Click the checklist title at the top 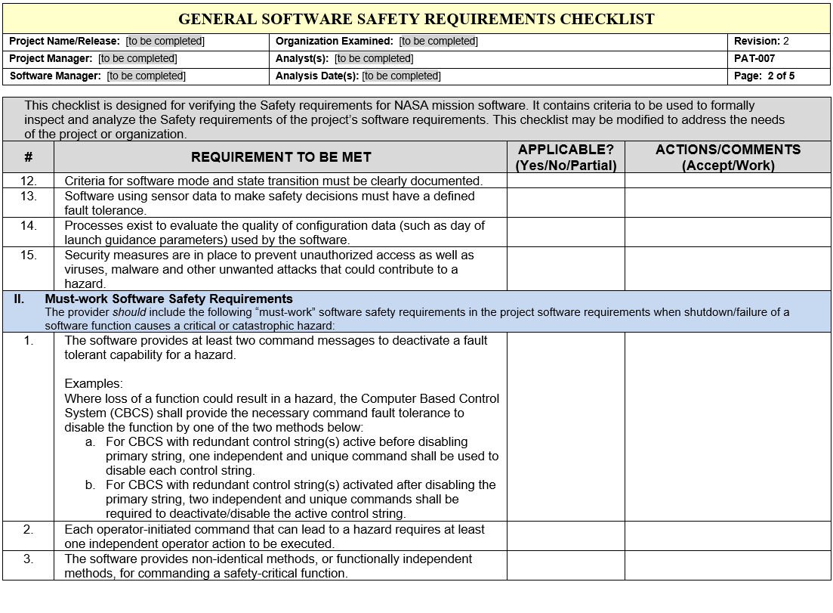(416, 19)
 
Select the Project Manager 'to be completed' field (137, 58)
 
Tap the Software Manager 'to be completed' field (146, 76)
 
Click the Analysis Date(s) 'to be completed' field (401, 76)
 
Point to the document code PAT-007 (754, 58)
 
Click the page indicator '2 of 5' (781, 76)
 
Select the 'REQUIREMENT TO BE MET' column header (281, 157)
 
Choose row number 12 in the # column (29, 181)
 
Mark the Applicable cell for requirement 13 (566, 203)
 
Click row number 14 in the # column (29, 225)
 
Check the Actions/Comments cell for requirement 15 (727, 269)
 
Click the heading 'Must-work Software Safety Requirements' (168, 299)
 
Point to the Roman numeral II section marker (19, 299)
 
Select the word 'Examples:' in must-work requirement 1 (94, 384)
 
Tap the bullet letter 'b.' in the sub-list (91, 485)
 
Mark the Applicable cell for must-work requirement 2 (566, 536)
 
